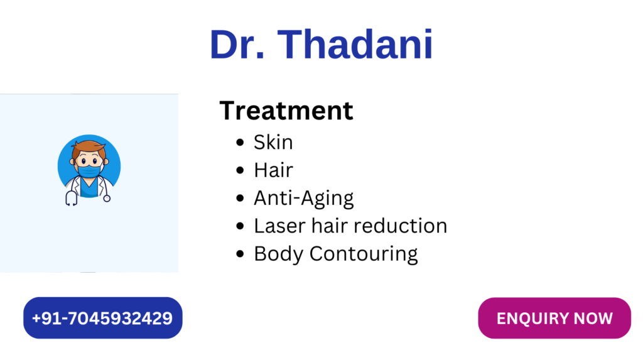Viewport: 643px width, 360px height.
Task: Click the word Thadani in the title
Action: click(355, 45)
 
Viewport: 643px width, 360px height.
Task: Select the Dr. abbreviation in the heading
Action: click(237, 45)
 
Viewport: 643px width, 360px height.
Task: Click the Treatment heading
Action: click(286, 111)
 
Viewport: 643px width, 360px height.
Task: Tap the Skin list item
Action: click(273, 143)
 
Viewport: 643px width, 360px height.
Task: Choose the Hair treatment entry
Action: click(274, 170)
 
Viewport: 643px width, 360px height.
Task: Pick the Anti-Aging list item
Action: click(303, 199)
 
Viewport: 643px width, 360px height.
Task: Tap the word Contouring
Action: click(364, 254)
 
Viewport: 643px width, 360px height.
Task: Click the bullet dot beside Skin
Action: click(240, 143)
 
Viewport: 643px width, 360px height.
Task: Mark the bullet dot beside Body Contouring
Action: click(240, 254)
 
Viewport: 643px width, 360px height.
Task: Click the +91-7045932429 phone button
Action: click(102, 318)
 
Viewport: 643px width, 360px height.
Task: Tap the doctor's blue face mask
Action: click(89, 171)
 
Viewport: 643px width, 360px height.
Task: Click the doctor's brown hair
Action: click(89, 148)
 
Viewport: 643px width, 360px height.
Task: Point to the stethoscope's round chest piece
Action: click(107, 199)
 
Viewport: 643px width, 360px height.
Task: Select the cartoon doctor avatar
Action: click(89, 170)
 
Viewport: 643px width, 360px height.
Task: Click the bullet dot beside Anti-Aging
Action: click(240, 199)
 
